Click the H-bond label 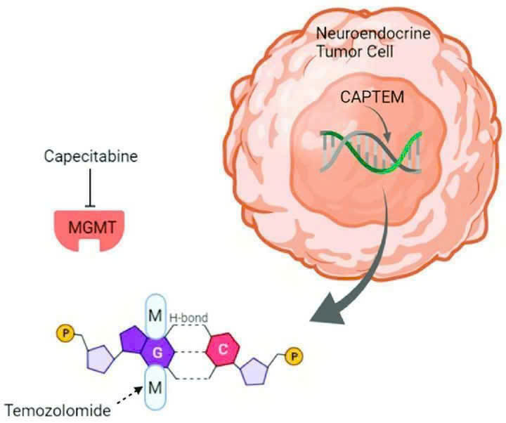[188, 318]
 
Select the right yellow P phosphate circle [294, 356]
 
